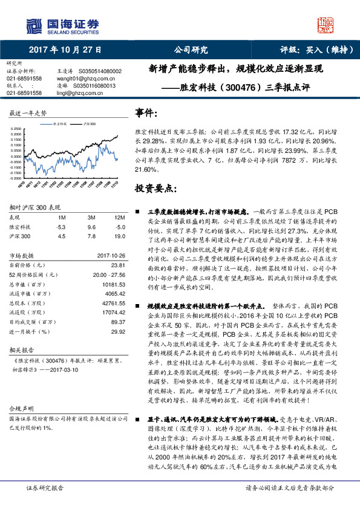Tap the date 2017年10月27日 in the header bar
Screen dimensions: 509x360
tap(65, 50)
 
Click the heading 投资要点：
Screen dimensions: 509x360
tap(157, 189)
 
